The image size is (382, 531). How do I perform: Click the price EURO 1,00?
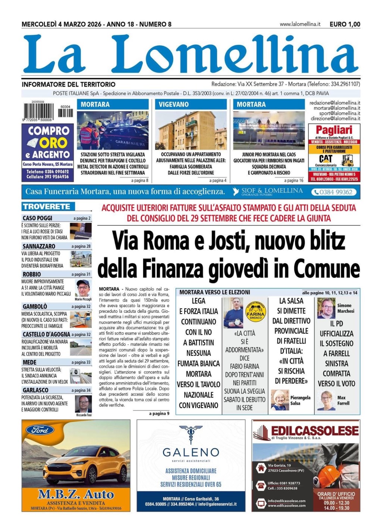(x=345, y=24)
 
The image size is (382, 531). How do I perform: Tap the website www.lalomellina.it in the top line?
(x=300, y=24)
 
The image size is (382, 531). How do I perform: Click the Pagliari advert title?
(x=334, y=130)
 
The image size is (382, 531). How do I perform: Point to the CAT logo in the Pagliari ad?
(x=326, y=159)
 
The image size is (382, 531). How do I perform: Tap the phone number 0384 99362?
(x=335, y=192)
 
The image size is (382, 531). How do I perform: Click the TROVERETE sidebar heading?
(x=46, y=207)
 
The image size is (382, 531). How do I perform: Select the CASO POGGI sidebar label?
(x=37, y=218)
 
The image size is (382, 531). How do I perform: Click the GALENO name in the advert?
(x=191, y=452)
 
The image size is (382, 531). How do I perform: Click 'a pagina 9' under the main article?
(x=159, y=414)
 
